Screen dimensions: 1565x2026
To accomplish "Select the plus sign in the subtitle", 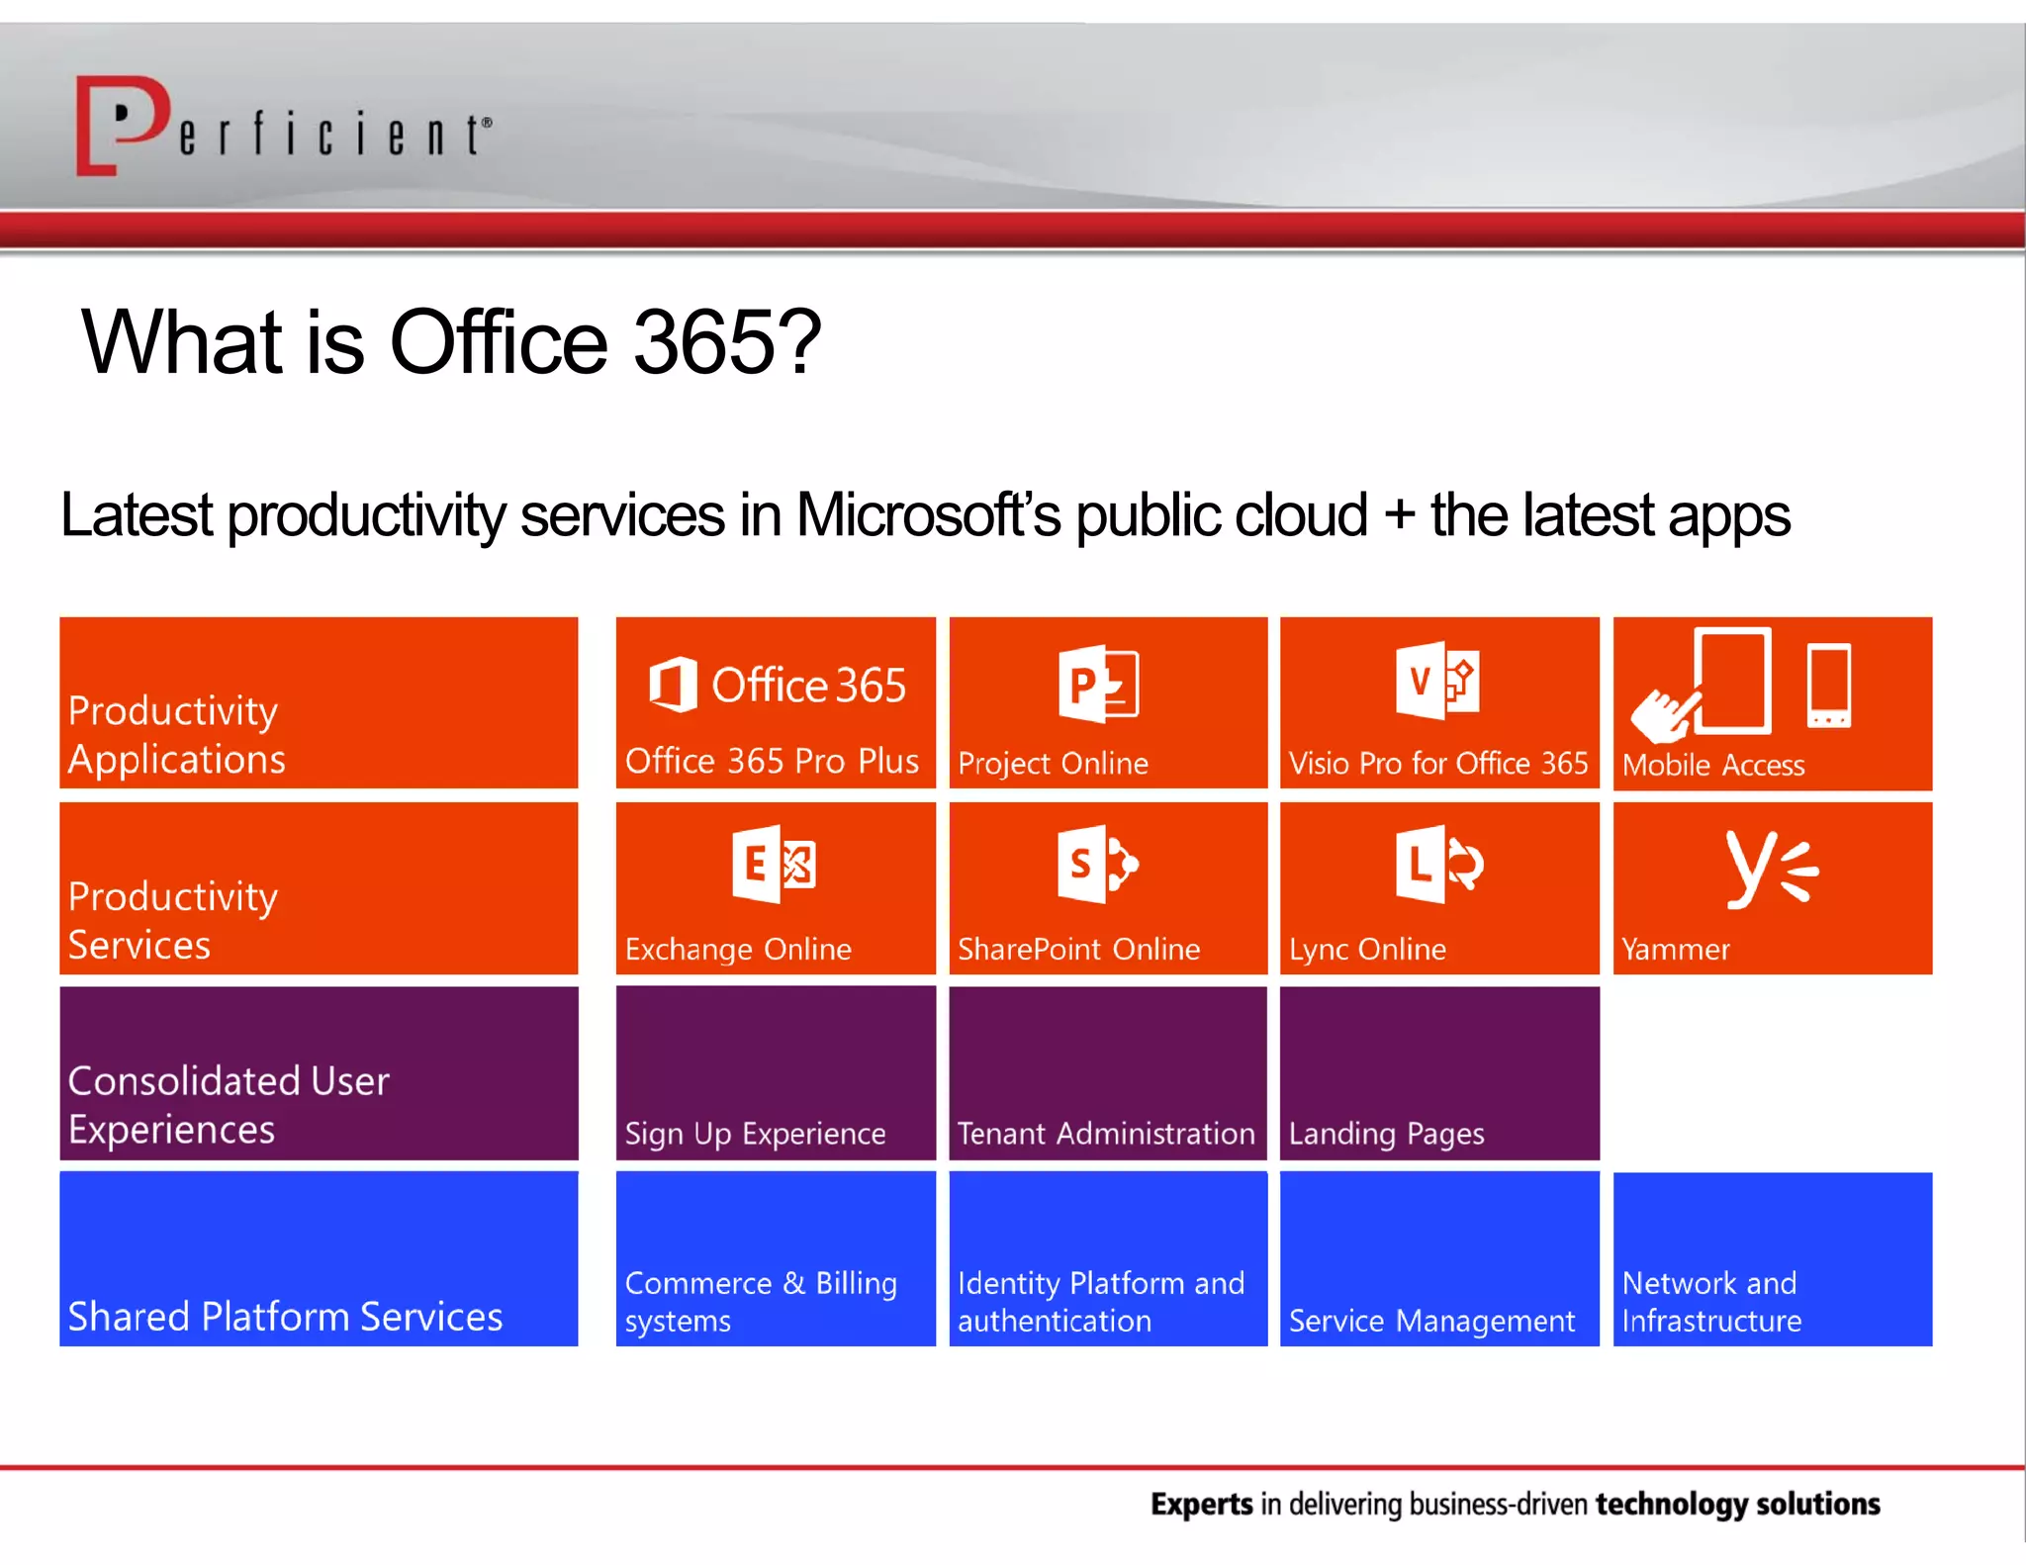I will click(x=1398, y=515).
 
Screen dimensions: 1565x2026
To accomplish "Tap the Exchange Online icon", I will click(x=774, y=864).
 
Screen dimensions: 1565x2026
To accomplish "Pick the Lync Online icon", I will click(x=1438, y=864).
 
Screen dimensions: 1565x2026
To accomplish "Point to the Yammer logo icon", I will click(x=1771, y=868).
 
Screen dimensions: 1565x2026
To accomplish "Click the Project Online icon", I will click(x=1098, y=683).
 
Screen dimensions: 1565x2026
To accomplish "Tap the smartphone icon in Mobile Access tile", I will click(x=1828, y=686).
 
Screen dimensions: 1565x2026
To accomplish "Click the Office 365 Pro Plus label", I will click(x=772, y=761).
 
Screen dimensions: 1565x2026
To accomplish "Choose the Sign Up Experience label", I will click(x=755, y=1133).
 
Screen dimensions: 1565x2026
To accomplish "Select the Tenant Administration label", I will click(x=1105, y=1133).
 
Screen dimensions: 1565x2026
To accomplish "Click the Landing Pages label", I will click(x=1386, y=1133).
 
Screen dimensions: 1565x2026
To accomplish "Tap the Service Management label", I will click(x=1430, y=1321).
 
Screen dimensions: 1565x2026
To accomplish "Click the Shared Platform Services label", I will click(x=285, y=1317).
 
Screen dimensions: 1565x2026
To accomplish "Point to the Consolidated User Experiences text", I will click(x=229, y=1104).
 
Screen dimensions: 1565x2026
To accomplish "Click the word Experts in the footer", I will click(x=1201, y=1504).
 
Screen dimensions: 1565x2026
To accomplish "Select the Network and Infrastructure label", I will click(x=1710, y=1302).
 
